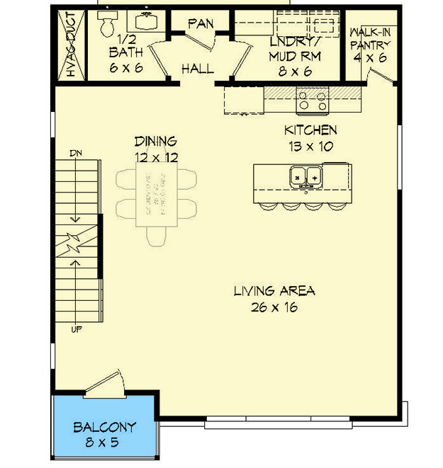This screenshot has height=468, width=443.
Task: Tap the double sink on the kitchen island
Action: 305,174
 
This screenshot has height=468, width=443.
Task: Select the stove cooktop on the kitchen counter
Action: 313,101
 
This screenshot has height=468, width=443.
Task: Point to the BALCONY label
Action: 104,428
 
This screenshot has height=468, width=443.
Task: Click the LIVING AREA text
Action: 274,291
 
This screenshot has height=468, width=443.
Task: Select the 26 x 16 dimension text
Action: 273,307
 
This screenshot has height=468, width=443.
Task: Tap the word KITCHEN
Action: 310,130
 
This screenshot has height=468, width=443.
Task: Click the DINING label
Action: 155,142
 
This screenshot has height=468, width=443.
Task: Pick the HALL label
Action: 198,69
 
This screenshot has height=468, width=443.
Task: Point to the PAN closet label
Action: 201,24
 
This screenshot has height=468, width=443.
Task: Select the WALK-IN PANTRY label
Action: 369,39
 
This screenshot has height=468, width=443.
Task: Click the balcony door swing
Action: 106,382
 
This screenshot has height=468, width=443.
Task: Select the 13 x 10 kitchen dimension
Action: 310,147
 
